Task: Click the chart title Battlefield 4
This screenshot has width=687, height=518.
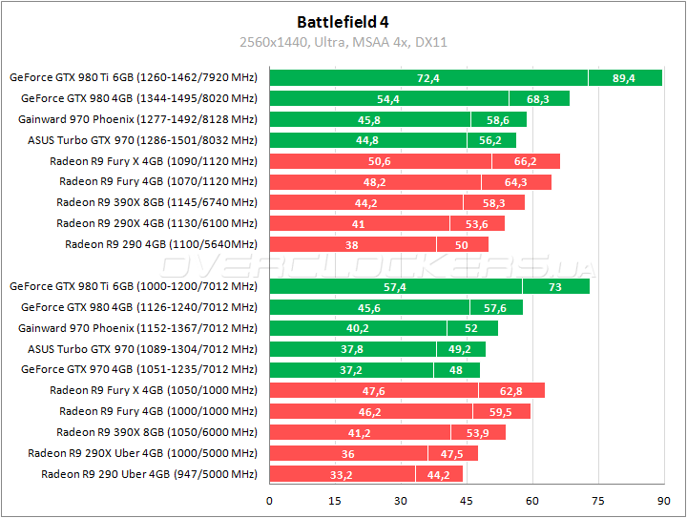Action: coord(343,21)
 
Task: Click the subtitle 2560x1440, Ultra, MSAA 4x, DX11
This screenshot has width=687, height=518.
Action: coord(343,42)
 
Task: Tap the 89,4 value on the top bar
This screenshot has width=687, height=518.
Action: coord(624,78)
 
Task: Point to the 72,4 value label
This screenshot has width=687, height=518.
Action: coord(428,78)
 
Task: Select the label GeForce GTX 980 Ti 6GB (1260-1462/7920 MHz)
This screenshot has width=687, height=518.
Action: coord(134,77)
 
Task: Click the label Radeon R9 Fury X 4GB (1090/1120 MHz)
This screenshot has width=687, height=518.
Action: coord(154,161)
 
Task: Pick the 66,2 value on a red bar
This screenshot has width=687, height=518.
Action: coord(525,161)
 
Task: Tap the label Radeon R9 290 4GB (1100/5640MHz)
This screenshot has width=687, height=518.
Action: coord(161,244)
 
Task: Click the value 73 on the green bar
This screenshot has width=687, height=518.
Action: coord(555,286)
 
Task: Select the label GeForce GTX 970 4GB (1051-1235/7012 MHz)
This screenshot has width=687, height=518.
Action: coord(139,369)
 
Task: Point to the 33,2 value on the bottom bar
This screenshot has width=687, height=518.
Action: coord(342,474)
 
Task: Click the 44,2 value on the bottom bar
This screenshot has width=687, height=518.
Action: coord(439,474)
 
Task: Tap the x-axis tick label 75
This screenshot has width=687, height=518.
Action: coord(598,500)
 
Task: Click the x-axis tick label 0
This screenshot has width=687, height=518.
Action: coord(270,500)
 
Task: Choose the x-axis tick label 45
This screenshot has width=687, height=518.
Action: coord(467,500)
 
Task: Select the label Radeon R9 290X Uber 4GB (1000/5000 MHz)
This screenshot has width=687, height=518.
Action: coord(143,453)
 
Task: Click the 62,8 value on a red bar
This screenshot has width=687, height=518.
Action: coord(510,390)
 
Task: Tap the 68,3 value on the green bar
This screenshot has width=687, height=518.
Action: coord(538,98)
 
